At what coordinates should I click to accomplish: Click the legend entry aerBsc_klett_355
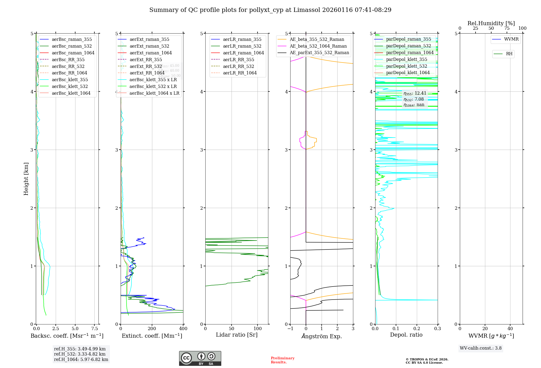(x=70, y=80)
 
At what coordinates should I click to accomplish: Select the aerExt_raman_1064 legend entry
(x=150, y=53)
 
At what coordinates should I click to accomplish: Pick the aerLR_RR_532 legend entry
(x=238, y=66)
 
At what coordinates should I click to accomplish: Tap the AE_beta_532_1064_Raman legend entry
(x=318, y=46)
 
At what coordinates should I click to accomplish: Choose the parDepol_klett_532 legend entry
(x=406, y=66)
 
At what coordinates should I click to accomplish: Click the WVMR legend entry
(x=511, y=39)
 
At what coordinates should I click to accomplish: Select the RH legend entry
(x=509, y=54)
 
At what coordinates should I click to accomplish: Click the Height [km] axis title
(x=26, y=179)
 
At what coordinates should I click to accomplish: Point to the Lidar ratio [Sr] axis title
(x=237, y=335)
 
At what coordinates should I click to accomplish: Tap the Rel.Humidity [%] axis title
(x=491, y=23)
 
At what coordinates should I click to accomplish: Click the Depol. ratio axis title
(x=406, y=335)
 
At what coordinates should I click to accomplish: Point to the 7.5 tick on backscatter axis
(x=94, y=328)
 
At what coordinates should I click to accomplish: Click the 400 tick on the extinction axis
(x=183, y=328)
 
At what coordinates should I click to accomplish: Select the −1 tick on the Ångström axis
(x=290, y=328)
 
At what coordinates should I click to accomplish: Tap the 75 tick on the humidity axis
(x=507, y=28)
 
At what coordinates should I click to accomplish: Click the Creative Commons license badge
(x=200, y=358)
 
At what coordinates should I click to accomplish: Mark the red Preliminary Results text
(x=282, y=360)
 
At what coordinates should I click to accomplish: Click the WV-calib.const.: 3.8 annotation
(x=480, y=348)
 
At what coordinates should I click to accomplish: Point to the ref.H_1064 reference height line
(x=81, y=359)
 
